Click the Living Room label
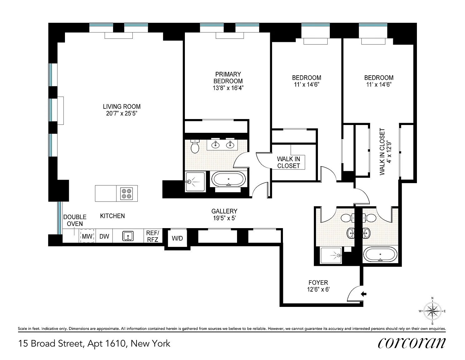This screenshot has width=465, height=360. (121, 106)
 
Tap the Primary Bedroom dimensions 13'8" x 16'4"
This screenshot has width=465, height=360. (228, 88)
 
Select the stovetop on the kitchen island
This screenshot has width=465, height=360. (126, 193)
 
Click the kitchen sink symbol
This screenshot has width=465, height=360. (128, 236)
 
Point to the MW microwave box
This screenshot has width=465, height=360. (87, 236)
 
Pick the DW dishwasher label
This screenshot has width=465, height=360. (104, 236)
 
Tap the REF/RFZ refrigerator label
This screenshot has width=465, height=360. (153, 236)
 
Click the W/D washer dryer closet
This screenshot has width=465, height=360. (177, 238)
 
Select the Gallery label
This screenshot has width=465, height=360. (224, 211)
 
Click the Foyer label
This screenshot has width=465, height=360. (318, 282)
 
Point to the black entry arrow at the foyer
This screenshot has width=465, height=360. (364, 294)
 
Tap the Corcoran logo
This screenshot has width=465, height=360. (412, 343)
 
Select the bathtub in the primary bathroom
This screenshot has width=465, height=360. (229, 179)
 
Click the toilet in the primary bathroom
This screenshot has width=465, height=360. (195, 146)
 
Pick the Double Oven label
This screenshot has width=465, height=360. (75, 220)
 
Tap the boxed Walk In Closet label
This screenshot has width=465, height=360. (289, 162)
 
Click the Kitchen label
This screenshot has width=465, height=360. (112, 216)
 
